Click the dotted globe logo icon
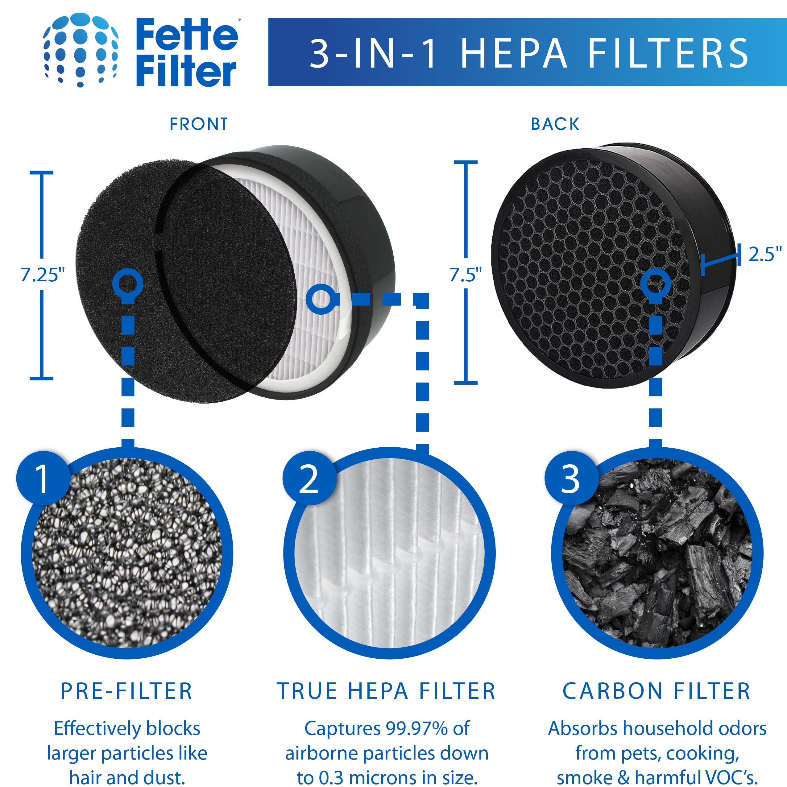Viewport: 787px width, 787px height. [80, 50]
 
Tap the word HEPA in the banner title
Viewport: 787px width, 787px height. [514, 53]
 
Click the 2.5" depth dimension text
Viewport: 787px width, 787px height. [764, 255]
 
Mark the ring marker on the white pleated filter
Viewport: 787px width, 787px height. [321, 299]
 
